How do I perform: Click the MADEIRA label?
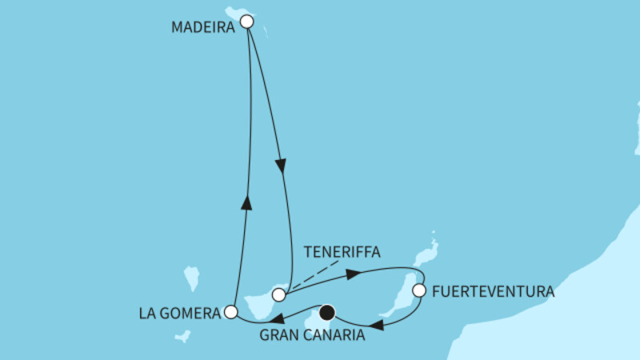(202, 27)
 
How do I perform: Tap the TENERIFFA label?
(342, 251)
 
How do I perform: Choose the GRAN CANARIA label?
(313, 335)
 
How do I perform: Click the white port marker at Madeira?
(247, 22)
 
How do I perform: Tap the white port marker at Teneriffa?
(278, 294)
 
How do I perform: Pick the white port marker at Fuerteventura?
(418, 291)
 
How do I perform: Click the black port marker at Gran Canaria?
(327, 313)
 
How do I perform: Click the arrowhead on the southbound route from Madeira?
(281, 166)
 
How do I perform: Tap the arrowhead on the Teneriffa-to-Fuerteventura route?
(351, 274)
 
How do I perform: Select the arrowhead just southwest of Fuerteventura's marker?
(382, 325)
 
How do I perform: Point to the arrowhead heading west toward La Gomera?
(282, 318)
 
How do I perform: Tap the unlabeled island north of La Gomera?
(191, 278)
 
